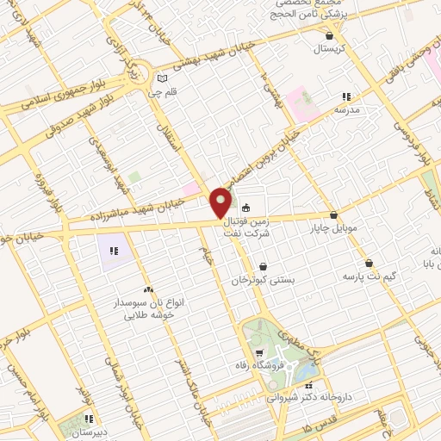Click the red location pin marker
pos(222,202)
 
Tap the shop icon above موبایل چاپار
pos(333,216)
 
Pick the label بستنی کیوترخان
pos(263,281)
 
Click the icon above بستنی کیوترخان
pos(263,266)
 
